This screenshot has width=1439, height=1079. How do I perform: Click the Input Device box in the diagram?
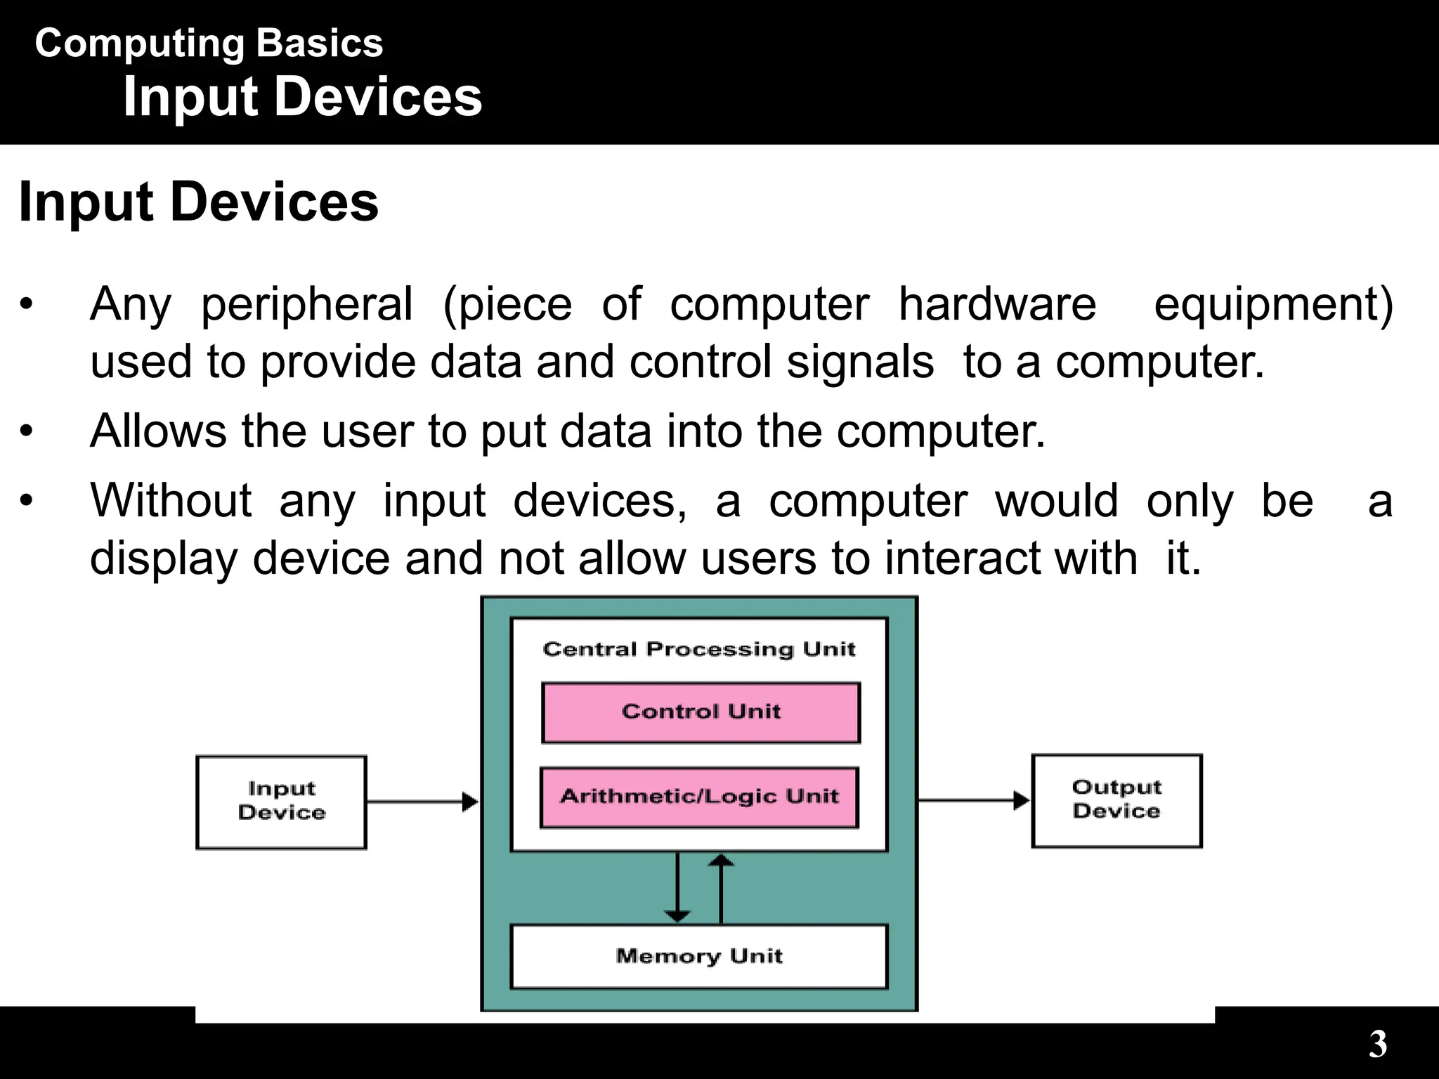tap(281, 802)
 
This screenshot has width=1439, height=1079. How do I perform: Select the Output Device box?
tap(1116, 800)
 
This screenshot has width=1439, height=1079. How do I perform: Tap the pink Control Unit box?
tap(701, 712)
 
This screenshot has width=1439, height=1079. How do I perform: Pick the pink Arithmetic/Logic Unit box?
tap(699, 797)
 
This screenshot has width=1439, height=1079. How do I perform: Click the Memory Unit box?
tap(699, 956)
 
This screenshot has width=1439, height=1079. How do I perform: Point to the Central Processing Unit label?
tap(699, 649)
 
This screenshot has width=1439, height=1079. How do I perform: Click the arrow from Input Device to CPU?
tap(422, 802)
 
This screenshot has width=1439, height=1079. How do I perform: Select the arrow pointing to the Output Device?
tap(973, 800)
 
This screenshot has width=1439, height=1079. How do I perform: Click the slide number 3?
tap(1377, 1045)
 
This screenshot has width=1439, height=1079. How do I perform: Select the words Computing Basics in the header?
tap(209, 44)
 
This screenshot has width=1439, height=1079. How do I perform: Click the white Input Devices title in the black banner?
tap(302, 97)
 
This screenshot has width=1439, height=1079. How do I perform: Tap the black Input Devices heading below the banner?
tap(198, 202)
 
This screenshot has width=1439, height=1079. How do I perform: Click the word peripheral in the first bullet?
tap(307, 305)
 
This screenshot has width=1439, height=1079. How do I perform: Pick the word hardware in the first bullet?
tap(997, 305)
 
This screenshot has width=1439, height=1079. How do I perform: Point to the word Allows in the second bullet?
tap(158, 431)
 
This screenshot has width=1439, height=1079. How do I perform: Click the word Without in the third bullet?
tap(171, 501)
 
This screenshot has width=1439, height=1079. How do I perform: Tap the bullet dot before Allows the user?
tap(27, 431)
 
